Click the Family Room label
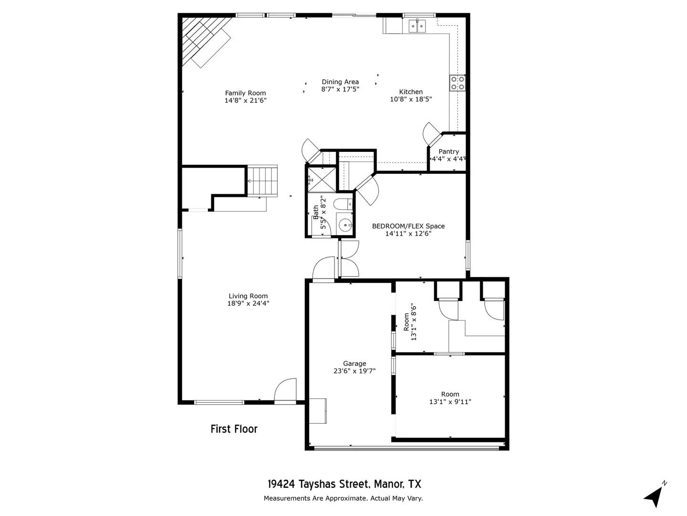pyautogui.click(x=245, y=93)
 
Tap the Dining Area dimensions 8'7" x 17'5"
pyautogui.click(x=340, y=89)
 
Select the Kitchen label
pyautogui.click(x=411, y=92)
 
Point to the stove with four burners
pyautogui.click(x=458, y=83)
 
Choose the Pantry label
pyautogui.click(x=448, y=151)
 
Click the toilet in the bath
pyautogui.click(x=342, y=204)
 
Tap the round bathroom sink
pyautogui.click(x=344, y=225)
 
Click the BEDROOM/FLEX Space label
pyautogui.click(x=408, y=226)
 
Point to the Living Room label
pyautogui.click(x=248, y=296)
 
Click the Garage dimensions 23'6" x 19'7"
pyautogui.click(x=354, y=371)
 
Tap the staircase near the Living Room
pyautogui.click(x=262, y=181)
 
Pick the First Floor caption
pyautogui.click(x=234, y=429)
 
